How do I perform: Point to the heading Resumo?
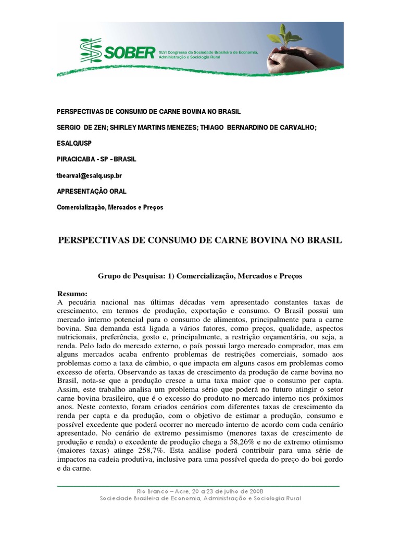[72, 293]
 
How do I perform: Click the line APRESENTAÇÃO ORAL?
[91, 192]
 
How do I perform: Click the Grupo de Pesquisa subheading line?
[200, 275]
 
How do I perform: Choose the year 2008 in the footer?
[254, 491]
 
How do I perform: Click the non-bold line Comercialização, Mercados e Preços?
[109, 207]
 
